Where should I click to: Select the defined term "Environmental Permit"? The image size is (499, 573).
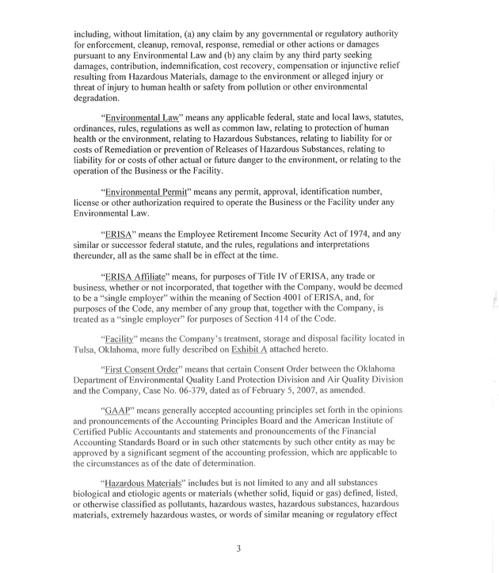154,192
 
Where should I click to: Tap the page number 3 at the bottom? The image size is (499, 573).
238,548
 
